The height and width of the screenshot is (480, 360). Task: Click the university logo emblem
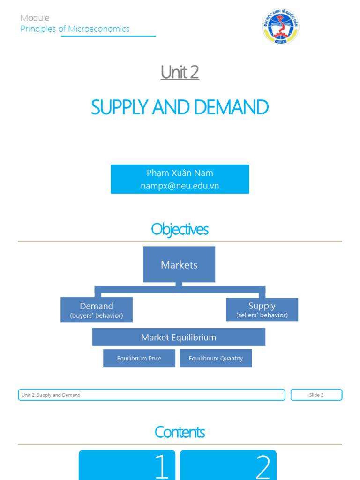[280, 27]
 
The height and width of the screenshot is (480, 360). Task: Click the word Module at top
[35, 18]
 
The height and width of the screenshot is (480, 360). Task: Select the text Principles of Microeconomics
[75, 29]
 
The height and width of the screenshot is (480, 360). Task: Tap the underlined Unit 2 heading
[180, 72]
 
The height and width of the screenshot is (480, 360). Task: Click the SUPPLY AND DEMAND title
[180, 107]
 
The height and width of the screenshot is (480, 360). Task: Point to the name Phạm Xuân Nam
[180, 173]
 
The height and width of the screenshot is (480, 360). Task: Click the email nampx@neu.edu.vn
[180, 186]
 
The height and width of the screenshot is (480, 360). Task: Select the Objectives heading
[180, 229]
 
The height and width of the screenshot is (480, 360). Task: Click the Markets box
[179, 264]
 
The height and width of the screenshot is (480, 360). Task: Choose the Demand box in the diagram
[97, 309]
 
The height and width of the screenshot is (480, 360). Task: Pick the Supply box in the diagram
[262, 309]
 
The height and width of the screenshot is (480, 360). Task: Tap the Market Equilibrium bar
[179, 337]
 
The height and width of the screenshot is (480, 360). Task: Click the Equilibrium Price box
[139, 358]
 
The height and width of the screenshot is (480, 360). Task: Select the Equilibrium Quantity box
[216, 358]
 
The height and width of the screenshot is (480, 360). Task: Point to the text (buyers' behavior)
[97, 316]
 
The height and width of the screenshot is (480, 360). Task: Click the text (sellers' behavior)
[262, 315]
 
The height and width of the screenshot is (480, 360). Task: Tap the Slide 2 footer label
[316, 395]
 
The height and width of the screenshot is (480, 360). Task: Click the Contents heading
[180, 432]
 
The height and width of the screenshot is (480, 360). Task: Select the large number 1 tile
[127, 465]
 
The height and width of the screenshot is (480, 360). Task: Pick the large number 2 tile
[228, 465]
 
